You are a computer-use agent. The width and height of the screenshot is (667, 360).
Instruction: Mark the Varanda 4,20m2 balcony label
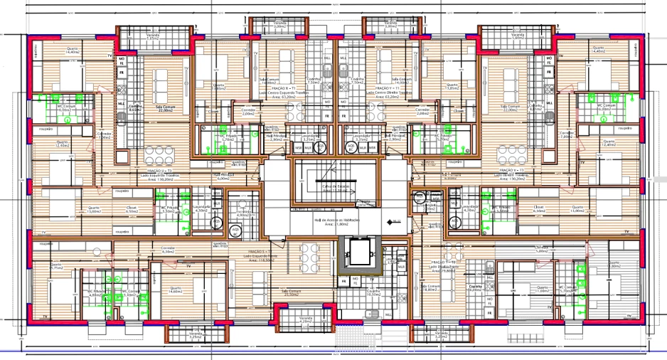(306, 320)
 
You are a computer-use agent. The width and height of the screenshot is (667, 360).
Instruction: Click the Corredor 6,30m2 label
(169, 250)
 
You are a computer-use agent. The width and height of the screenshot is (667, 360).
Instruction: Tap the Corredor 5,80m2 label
(542, 250)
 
